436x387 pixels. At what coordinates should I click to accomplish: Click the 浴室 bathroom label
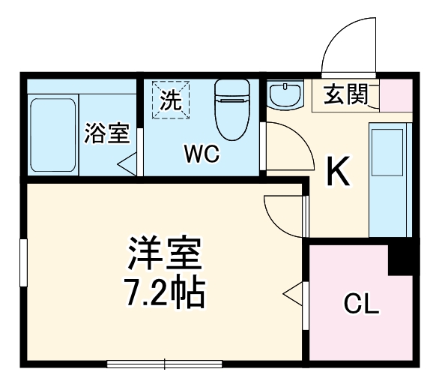point(107,133)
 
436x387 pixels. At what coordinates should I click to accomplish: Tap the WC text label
point(202,155)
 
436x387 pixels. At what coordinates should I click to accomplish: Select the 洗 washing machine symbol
point(172,100)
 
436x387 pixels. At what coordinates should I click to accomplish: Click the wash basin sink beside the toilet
point(285,96)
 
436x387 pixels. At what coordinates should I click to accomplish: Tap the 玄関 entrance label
point(345,94)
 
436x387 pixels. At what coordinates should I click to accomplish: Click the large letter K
point(338,174)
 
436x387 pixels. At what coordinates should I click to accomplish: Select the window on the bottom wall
point(165,364)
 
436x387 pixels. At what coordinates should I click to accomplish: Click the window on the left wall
point(24,263)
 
